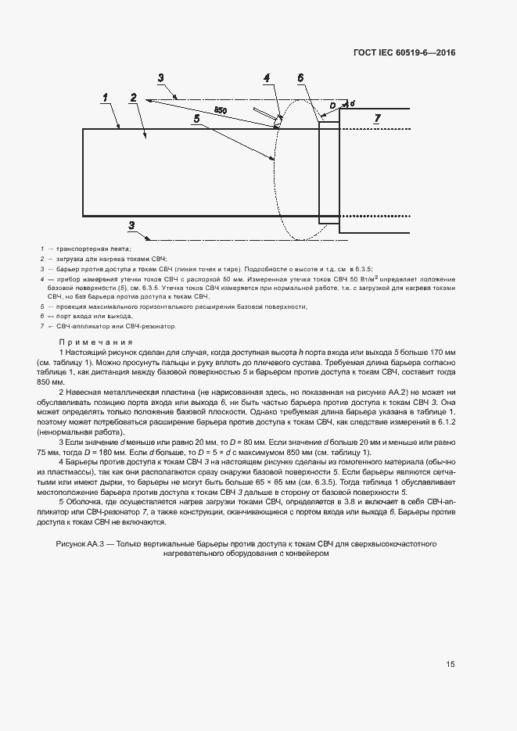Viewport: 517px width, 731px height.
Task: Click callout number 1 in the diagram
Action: pos(104,98)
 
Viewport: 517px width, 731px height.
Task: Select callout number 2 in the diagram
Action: pos(134,98)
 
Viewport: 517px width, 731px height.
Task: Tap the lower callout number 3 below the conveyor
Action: pos(132,225)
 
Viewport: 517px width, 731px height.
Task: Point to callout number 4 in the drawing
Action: pos(267,78)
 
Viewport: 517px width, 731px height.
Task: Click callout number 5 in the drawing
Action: pos(197,117)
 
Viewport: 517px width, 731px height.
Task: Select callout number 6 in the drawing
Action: pos(300,78)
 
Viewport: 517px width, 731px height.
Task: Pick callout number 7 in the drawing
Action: pos(377,119)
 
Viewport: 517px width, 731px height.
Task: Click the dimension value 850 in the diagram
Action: pos(221,111)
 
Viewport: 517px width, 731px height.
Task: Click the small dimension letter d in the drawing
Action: pos(351,102)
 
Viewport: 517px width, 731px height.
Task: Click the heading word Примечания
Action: pos(95,342)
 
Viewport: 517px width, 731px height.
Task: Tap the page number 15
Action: pos(451,665)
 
